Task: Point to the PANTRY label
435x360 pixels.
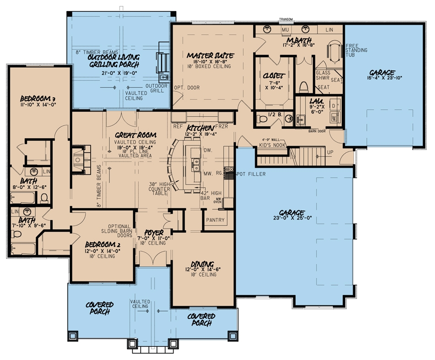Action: [x=215, y=220]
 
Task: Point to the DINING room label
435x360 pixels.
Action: [x=202, y=264]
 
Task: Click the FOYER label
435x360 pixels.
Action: [x=154, y=232]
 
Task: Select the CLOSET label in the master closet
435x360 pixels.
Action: [x=275, y=75]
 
